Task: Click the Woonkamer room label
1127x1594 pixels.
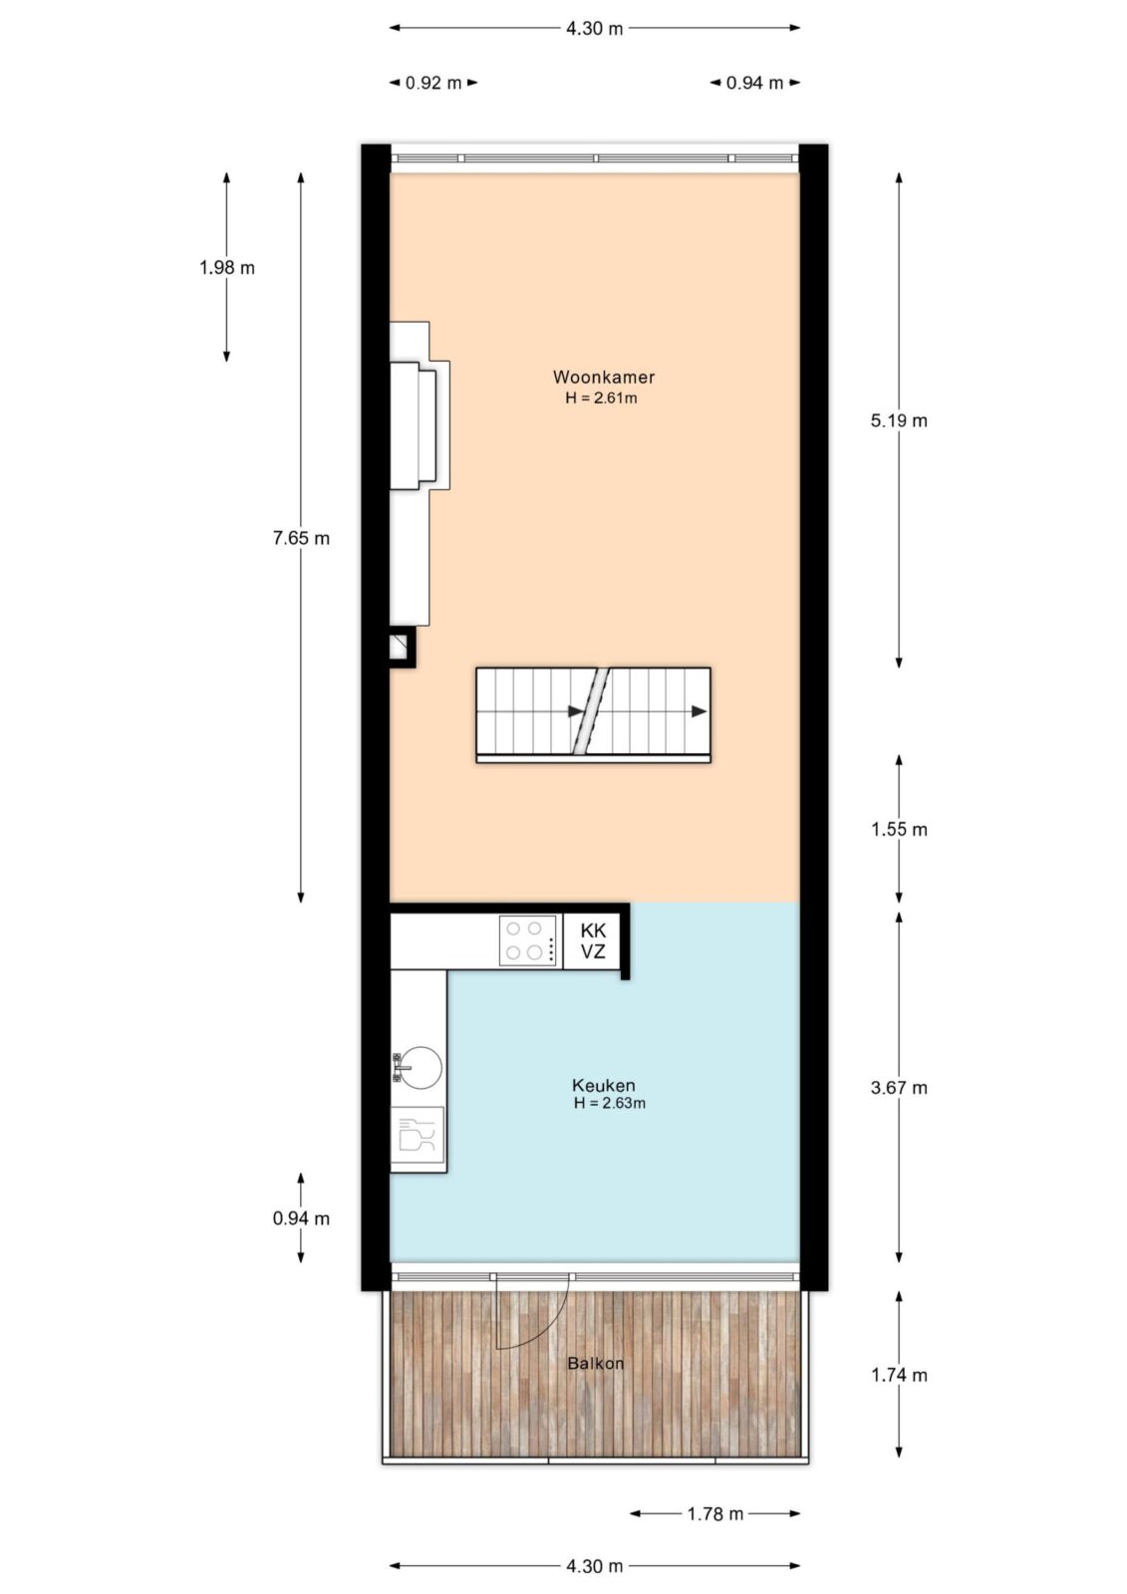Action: tap(603, 377)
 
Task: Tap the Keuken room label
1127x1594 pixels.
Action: tap(603, 1085)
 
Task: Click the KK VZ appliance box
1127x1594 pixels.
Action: tap(593, 940)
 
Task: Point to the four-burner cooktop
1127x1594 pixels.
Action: tap(527, 940)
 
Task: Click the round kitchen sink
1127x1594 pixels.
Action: tap(420, 1067)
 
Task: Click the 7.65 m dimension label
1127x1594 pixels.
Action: tap(301, 538)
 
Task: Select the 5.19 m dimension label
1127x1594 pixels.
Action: tap(899, 420)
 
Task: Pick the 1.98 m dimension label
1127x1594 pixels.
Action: tap(226, 268)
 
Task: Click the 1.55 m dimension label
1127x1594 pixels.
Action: tap(899, 829)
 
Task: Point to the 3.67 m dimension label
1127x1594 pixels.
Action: tap(899, 1087)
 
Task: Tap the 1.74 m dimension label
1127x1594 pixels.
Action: tap(899, 1375)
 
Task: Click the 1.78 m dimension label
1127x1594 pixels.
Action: tap(714, 1513)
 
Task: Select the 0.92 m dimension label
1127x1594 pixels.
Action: tap(433, 83)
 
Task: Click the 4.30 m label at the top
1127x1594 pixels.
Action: tap(595, 29)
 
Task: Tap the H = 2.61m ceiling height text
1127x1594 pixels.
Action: tap(601, 398)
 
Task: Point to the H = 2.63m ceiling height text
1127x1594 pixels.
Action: tap(610, 1104)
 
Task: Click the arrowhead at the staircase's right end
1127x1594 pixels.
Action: tap(700, 711)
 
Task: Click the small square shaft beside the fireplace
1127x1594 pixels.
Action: tap(401, 647)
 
